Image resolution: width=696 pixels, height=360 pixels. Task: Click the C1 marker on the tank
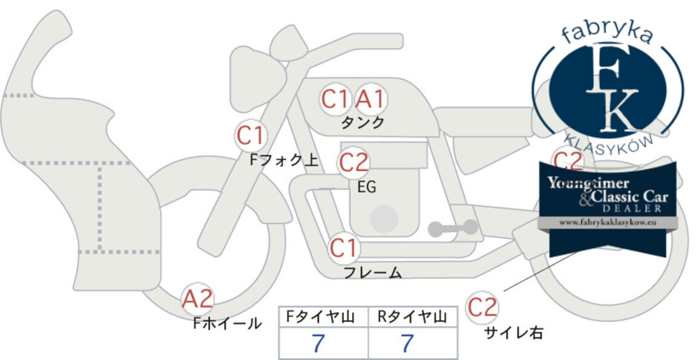click(x=335, y=99)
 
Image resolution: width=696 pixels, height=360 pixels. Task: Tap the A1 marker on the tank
click(x=371, y=99)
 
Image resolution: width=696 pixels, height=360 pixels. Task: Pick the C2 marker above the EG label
click(x=354, y=163)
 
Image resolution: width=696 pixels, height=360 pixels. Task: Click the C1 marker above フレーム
click(x=344, y=248)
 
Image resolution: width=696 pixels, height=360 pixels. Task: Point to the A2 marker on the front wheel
click(x=198, y=299)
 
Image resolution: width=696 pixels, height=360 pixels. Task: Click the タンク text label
click(x=363, y=122)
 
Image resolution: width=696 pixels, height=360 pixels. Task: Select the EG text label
click(x=367, y=188)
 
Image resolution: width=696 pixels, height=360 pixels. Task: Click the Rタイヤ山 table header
click(x=412, y=317)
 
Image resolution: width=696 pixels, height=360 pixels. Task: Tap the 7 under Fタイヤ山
click(x=318, y=343)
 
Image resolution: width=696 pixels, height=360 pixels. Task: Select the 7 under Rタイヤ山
click(x=407, y=343)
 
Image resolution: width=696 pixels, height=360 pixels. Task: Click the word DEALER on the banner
click(x=632, y=208)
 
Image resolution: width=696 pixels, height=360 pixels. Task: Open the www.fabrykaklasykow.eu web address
click(x=608, y=223)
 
